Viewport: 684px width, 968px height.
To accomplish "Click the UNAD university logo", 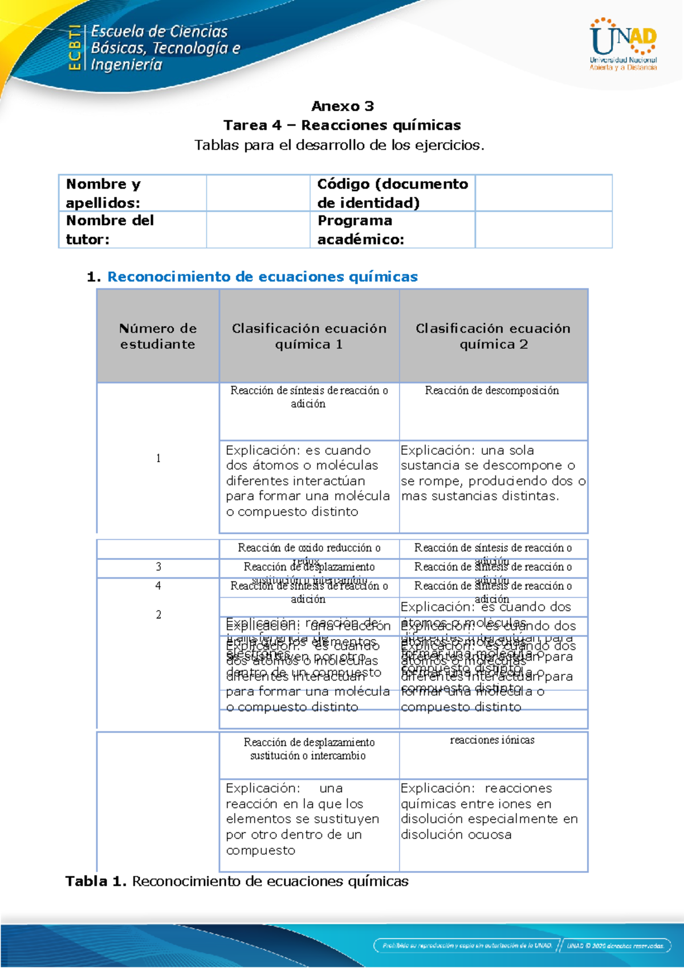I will (x=623, y=44).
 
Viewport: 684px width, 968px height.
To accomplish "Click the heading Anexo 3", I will (x=342, y=106).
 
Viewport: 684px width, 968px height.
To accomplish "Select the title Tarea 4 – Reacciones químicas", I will (x=342, y=125).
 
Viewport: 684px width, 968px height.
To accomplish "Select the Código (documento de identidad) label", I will (x=392, y=193).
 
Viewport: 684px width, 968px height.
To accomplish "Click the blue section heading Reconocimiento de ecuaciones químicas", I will (x=262, y=277).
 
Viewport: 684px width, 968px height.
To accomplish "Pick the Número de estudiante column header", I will (x=158, y=336).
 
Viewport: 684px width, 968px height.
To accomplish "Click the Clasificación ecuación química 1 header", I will (x=309, y=336).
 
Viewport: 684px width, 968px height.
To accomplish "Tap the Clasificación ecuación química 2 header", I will (x=493, y=336).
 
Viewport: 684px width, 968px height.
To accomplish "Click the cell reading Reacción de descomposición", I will (x=492, y=391).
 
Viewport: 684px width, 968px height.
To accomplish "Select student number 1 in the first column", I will (x=158, y=458).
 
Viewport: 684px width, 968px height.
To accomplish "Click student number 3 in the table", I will (x=158, y=567).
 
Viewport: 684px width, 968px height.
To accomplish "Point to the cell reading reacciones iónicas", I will (x=492, y=741).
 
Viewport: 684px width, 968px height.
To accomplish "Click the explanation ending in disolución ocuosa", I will (x=489, y=811).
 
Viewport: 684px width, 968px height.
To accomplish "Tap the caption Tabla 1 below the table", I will (x=237, y=881).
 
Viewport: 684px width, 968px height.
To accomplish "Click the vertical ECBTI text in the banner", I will (x=74, y=48).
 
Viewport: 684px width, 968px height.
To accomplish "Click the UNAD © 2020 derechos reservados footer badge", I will (x=615, y=945).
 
